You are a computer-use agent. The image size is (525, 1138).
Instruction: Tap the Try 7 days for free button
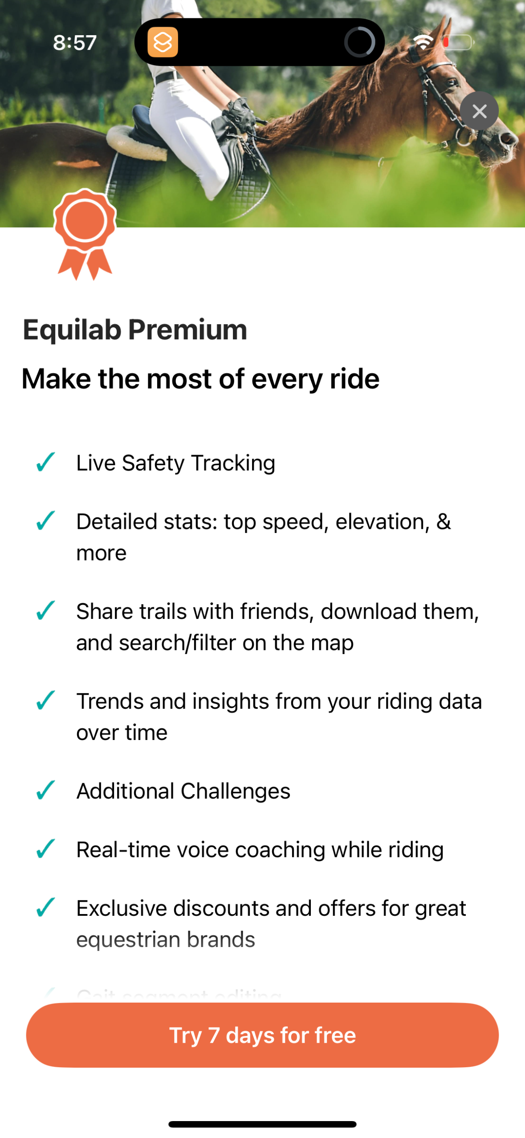point(262,1035)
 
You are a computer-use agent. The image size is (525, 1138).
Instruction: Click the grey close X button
point(479,111)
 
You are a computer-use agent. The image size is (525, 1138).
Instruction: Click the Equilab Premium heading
point(135,330)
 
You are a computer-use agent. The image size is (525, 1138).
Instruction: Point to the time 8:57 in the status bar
point(75,43)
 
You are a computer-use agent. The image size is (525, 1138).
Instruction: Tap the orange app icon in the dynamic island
point(163,42)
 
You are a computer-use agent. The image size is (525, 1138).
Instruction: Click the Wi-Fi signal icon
point(423,42)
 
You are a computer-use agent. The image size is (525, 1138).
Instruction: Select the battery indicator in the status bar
point(457,42)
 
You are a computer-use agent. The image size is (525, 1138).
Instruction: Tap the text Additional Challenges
point(183,791)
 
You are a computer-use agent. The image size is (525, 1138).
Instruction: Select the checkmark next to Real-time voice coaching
point(45,849)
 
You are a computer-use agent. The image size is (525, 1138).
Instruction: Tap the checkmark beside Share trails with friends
point(45,610)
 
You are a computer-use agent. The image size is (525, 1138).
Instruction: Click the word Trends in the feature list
point(110,701)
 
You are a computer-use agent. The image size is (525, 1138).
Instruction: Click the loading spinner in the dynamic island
point(359,42)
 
